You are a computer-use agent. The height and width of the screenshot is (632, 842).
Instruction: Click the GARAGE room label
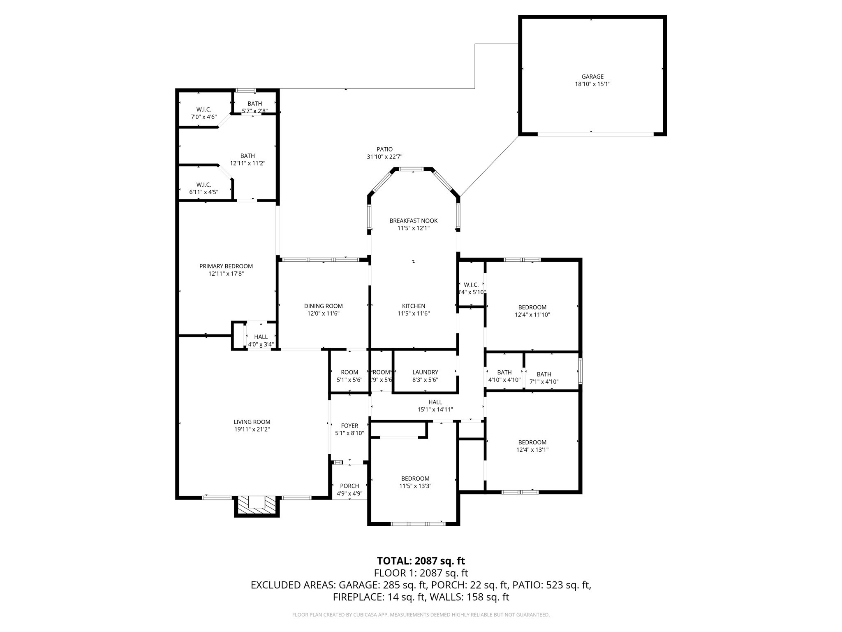pyautogui.click(x=592, y=77)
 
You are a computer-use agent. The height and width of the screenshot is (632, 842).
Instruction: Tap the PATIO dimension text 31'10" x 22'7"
pyautogui.click(x=384, y=157)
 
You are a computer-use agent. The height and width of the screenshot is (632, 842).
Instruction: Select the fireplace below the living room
pyautogui.click(x=257, y=505)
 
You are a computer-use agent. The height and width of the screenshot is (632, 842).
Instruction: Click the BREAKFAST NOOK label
pyautogui.click(x=414, y=221)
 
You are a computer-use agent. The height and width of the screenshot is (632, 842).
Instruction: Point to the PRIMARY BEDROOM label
pyautogui.click(x=226, y=266)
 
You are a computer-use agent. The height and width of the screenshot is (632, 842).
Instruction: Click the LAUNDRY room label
pyautogui.click(x=425, y=372)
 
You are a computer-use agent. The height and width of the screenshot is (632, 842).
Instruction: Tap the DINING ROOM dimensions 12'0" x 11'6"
pyautogui.click(x=323, y=314)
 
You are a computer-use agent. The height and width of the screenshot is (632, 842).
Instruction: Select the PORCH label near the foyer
pyautogui.click(x=349, y=486)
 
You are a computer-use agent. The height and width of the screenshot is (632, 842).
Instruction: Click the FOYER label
pyautogui.click(x=349, y=425)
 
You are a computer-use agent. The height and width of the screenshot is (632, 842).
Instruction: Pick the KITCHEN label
pyautogui.click(x=414, y=306)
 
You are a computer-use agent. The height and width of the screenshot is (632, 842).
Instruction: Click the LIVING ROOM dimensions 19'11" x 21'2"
pyautogui.click(x=252, y=429)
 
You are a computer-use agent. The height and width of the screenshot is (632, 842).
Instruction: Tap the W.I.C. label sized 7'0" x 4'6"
pyautogui.click(x=204, y=109)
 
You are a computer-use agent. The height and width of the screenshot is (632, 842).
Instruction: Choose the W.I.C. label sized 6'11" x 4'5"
pyautogui.click(x=204, y=185)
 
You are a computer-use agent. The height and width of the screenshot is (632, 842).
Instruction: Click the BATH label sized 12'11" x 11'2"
pyautogui.click(x=248, y=156)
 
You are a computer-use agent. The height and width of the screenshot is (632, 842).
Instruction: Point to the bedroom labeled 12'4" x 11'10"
pyautogui.click(x=532, y=307)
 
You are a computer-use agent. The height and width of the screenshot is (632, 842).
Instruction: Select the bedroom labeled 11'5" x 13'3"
pyautogui.click(x=415, y=479)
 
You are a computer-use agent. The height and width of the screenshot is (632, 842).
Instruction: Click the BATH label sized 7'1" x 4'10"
pyautogui.click(x=544, y=374)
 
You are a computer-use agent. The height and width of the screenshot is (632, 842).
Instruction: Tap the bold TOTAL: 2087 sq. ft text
pyautogui.click(x=421, y=561)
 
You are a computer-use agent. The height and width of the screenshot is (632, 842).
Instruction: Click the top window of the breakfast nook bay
pyautogui.click(x=412, y=169)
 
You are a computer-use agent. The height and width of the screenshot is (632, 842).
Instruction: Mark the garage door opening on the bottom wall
pyautogui.click(x=595, y=134)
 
